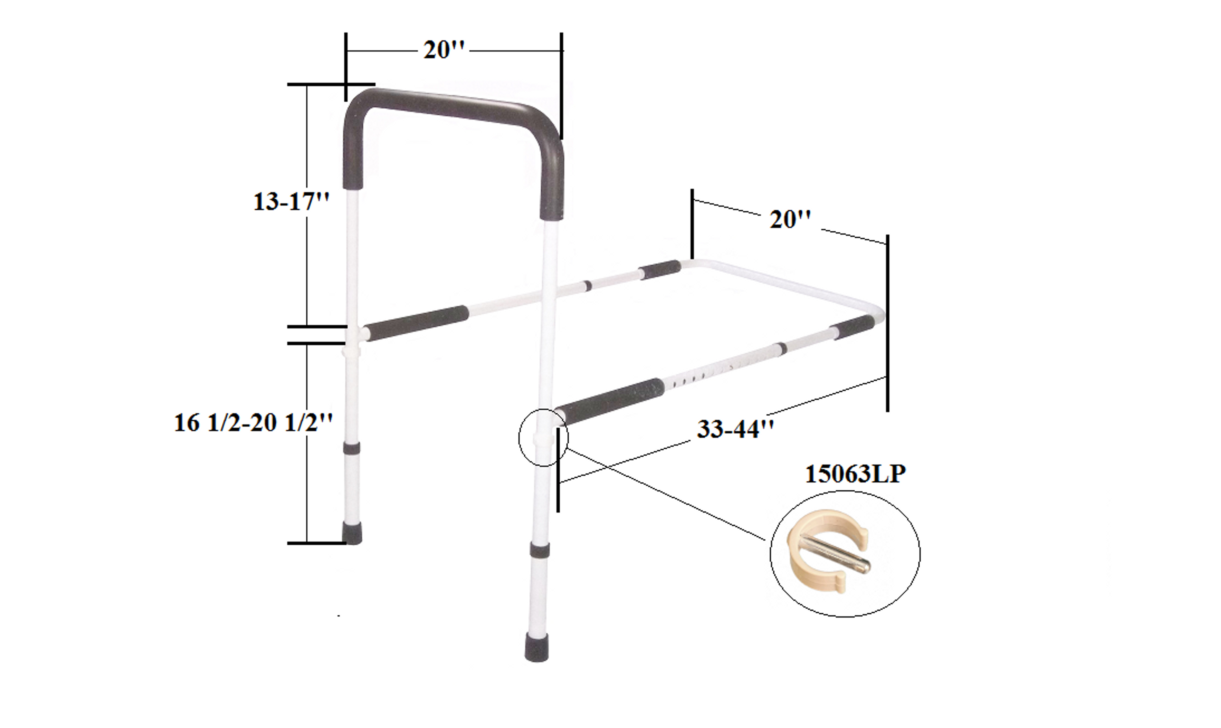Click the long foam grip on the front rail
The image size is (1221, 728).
(x=611, y=401)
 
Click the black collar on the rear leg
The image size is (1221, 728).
(x=351, y=447)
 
